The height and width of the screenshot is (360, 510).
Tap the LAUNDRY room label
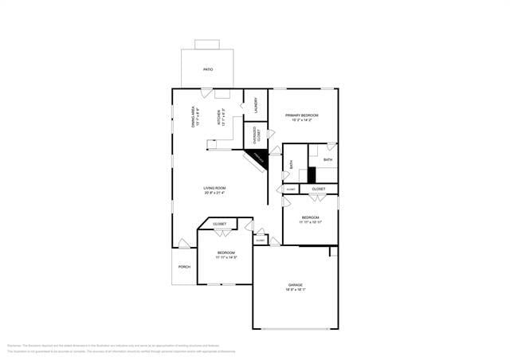[255, 104]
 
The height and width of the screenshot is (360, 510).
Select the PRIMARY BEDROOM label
[302, 115]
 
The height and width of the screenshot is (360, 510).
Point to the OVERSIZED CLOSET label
[255, 135]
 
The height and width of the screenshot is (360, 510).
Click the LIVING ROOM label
[214, 188]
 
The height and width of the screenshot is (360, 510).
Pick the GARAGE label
[295, 284]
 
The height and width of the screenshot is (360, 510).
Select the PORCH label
[184, 267]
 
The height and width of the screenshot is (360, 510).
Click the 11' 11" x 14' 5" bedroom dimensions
[226, 257]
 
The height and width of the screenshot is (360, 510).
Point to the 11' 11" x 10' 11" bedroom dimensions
[310, 222]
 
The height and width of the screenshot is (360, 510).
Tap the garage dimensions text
[295, 290]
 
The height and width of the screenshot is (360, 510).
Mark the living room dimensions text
[214, 193]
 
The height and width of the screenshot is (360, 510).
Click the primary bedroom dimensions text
[302, 120]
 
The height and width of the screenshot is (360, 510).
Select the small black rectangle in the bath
[312, 174]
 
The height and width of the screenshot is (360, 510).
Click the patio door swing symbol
[206, 93]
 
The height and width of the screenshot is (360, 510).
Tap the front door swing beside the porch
[184, 243]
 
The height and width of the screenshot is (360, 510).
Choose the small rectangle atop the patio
[206, 44]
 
